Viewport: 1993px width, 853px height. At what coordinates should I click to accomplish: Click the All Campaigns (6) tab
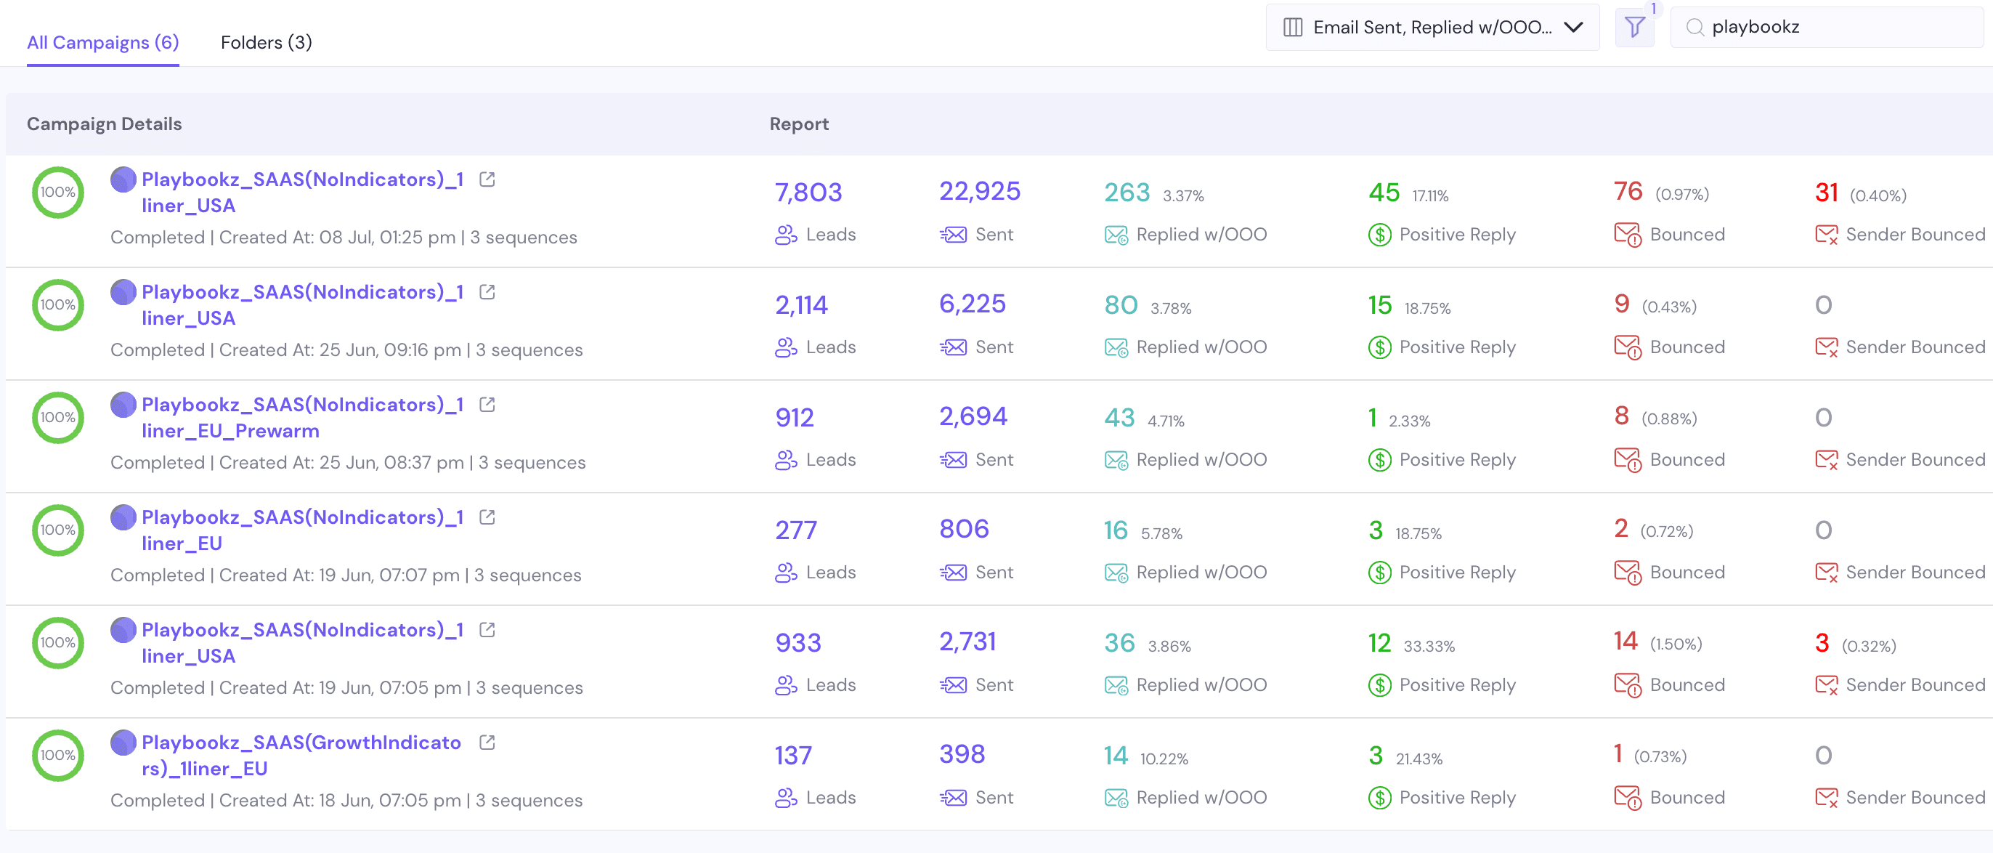click(103, 43)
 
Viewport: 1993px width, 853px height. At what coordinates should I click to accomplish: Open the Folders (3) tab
click(266, 43)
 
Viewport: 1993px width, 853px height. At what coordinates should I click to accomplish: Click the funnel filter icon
click(1634, 28)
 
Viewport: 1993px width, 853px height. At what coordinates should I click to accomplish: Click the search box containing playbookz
click(1826, 27)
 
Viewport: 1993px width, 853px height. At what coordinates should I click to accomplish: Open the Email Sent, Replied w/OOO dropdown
click(1432, 28)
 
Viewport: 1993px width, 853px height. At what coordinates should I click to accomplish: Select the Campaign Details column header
click(105, 124)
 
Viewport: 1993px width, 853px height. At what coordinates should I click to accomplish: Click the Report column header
click(798, 124)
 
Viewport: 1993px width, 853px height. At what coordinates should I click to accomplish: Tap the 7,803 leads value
click(808, 192)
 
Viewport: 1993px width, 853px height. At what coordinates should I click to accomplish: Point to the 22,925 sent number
click(980, 191)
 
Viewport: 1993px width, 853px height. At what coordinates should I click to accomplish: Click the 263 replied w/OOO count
click(1127, 192)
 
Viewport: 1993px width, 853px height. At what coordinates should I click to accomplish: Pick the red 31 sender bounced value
click(1826, 192)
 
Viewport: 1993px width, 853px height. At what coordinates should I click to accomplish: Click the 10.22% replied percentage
click(1164, 759)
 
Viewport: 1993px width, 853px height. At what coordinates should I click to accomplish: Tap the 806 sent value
click(964, 530)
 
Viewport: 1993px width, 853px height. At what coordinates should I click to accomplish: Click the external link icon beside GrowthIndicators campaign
click(487, 743)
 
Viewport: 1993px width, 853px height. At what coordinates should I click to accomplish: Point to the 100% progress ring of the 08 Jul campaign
click(58, 192)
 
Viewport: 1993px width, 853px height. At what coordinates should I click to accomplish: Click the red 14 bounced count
click(1625, 641)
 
